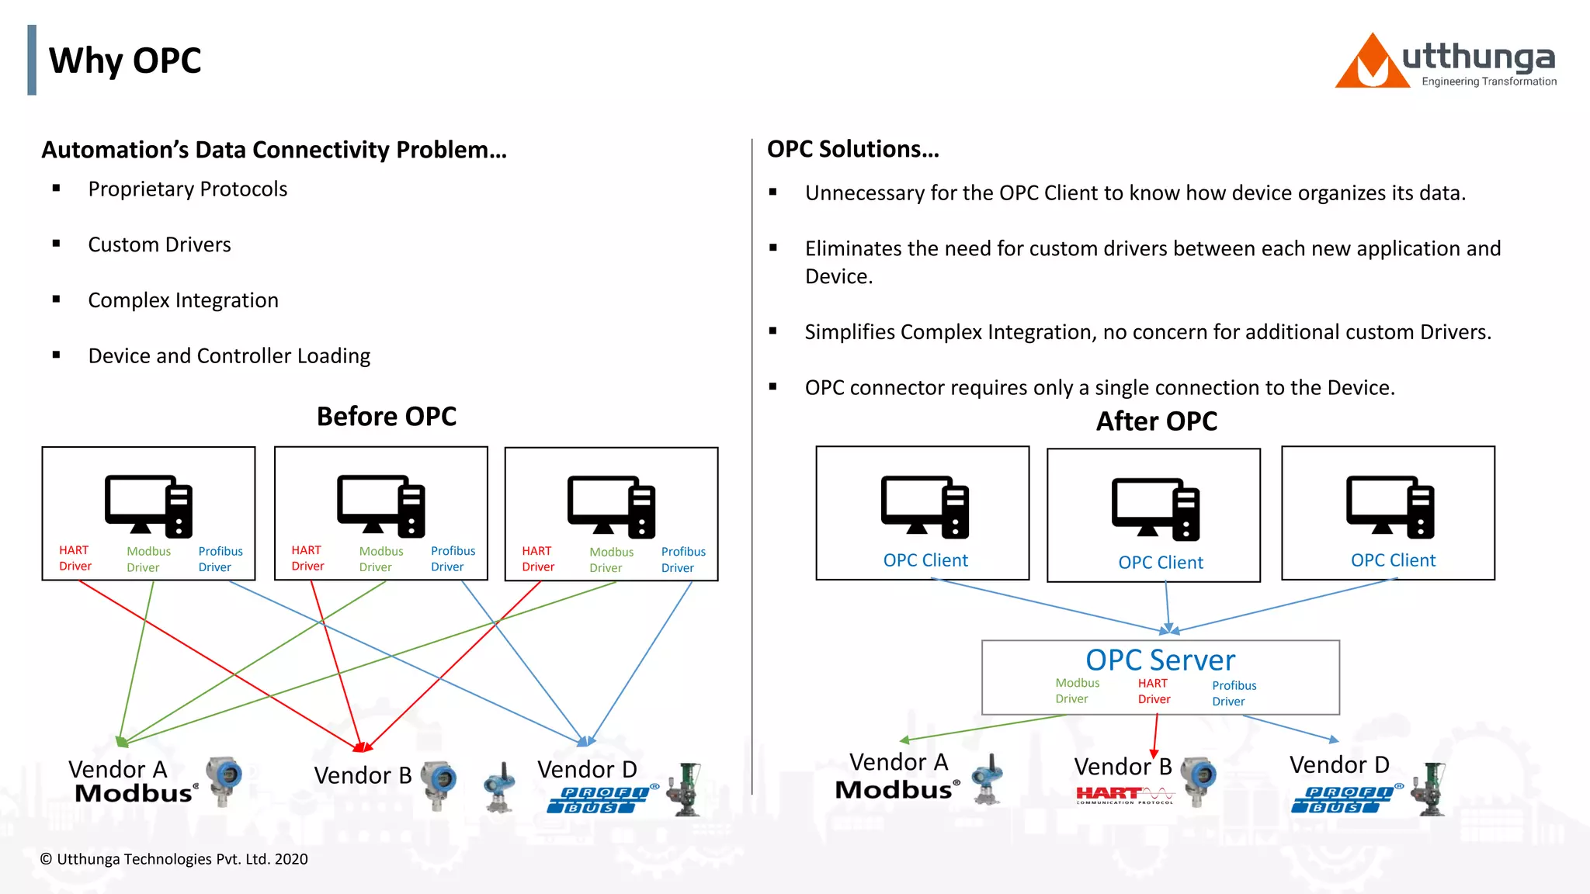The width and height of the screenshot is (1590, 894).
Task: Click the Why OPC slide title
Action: pos(124,61)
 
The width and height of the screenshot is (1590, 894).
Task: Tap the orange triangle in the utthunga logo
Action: pos(1371,66)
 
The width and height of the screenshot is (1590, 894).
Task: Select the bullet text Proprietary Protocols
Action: pos(187,189)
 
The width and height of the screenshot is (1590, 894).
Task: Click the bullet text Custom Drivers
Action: pos(159,244)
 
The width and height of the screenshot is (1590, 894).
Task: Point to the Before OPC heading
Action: pos(386,417)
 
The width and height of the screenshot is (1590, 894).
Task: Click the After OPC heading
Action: pos(1156,421)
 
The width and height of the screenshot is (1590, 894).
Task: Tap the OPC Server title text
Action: pos(1160,660)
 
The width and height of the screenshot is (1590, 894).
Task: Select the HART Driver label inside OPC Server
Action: pos(1154,691)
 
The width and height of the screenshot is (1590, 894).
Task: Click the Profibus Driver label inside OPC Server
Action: pos(1234,693)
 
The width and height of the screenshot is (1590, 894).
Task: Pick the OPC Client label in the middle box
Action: pos(1161,563)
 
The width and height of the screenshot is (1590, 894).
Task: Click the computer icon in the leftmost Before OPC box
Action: pos(148,506)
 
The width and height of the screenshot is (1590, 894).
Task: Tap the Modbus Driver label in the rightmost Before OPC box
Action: pos(611,560)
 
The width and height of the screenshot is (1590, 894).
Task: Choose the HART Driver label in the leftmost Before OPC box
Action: pos(75,558)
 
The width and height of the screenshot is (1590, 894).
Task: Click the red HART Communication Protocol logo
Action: pos(1124,795)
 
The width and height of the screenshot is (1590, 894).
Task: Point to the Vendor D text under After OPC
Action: pos(1339,765)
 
